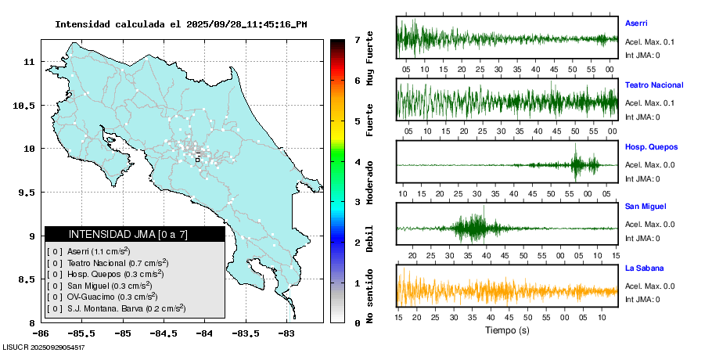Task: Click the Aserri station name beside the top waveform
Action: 636,23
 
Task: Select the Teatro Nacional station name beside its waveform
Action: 654,85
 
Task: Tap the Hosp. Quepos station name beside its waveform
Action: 651,146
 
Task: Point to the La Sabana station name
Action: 644,268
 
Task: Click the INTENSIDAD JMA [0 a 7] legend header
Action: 128,234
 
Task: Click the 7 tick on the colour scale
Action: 357,39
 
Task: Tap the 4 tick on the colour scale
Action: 357,162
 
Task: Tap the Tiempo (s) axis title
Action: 506,330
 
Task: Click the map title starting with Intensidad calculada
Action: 181,24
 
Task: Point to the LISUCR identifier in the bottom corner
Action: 44,347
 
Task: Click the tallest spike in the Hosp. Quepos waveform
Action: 575,153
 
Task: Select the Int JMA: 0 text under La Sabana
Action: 642,299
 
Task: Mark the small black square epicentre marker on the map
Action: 197,159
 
